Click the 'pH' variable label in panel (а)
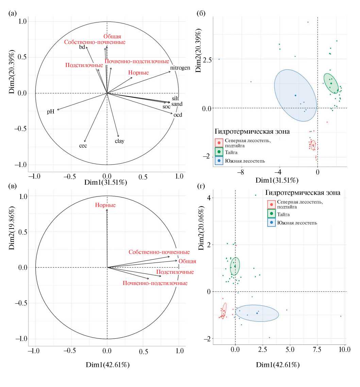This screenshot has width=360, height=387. [x=51, y=112]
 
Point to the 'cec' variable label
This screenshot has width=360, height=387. [x=83, y=146]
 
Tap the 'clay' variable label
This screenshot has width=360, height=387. [x=119, y=141]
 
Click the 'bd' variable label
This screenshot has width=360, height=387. [x=82, y=47]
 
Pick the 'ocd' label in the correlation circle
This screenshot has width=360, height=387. [x=178, y=115]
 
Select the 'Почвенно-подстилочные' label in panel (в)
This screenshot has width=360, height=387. [x=155, y=283]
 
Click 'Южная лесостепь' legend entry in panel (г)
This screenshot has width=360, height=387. [x=297, y=223]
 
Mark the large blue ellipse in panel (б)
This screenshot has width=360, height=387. [x=295, y=95]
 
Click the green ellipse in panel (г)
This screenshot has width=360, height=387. [x=235, y=266]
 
